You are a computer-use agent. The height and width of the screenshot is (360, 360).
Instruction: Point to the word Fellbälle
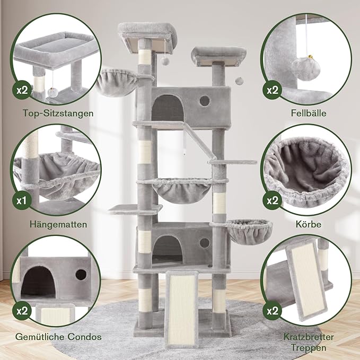(x=307, y=113)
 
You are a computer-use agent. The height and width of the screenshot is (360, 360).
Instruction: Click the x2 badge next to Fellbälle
(x=273, y=90)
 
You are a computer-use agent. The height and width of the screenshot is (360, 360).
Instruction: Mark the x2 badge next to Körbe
(x=273, y=201)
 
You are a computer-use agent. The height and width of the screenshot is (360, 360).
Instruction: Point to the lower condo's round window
(x=204, y=242)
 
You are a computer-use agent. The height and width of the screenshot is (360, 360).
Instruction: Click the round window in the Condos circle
(x=81, y=274)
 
